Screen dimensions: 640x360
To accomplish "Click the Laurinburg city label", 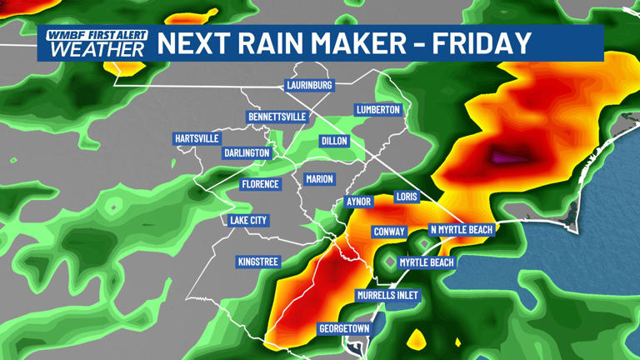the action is pos(309,85).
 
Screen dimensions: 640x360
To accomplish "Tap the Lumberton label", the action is pos(378,109).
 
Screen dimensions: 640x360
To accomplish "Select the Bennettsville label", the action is pos(277,117).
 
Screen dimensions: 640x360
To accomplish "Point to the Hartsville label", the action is pos(197,137).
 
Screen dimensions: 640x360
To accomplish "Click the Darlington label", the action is pos(247,152).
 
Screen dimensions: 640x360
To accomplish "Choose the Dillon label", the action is pos(334,141).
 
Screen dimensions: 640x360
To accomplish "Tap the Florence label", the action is pos(260,183).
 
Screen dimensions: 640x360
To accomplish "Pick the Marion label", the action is pos(319,178).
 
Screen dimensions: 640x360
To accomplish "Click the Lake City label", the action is pos(248,220).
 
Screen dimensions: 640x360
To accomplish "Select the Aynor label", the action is pos(358,202).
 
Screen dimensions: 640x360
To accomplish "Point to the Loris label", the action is pos(407,198).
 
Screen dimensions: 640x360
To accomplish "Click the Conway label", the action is pos(389,232).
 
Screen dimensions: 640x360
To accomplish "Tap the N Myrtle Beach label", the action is pos(461,229).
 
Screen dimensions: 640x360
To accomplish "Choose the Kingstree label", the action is pos(258,262).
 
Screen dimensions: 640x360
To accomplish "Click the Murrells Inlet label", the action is pos(387,295).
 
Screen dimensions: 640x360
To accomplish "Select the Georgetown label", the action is pos(344,328).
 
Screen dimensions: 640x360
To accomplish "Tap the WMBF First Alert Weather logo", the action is pos(97,43).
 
